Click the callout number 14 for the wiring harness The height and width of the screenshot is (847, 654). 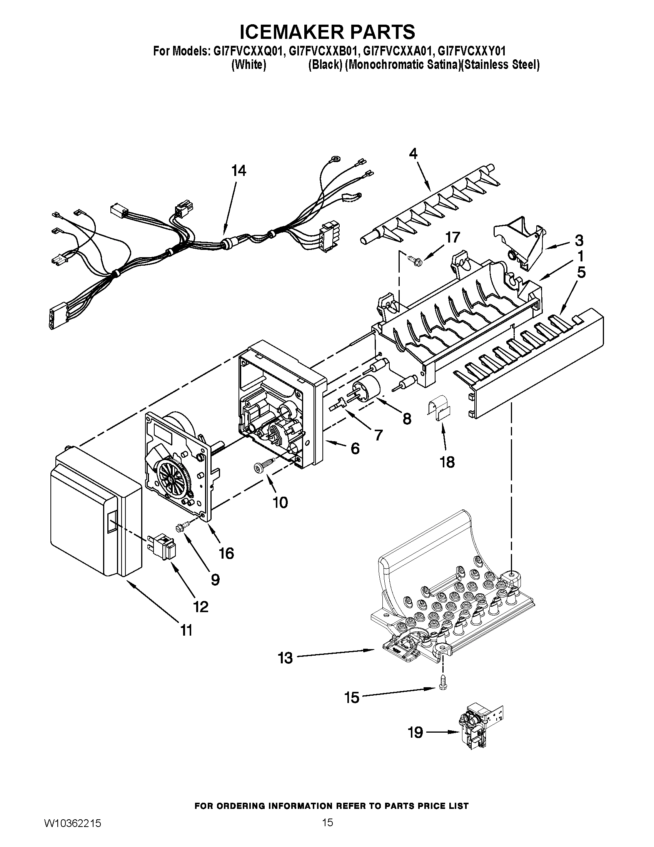[239, 171]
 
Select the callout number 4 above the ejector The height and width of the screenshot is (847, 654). [413, 154]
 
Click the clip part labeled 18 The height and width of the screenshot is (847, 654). [440, 410]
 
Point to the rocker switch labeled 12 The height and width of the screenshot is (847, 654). [162, 546]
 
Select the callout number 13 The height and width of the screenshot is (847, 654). [285, 658]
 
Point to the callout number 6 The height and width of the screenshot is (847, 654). [355, 448]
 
